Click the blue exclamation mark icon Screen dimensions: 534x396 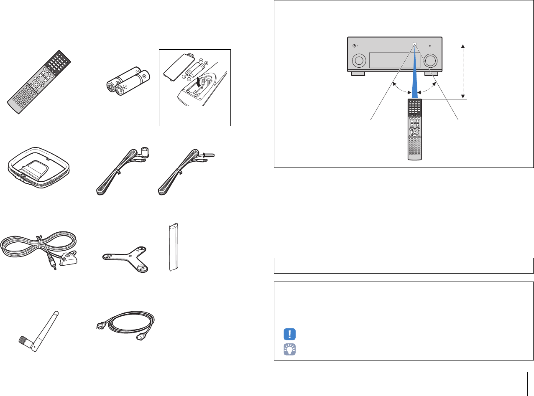(289, 334)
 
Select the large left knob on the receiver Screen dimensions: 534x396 (358, 61)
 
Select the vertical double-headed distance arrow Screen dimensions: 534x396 (463, 71)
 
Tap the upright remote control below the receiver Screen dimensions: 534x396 (414, 129)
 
